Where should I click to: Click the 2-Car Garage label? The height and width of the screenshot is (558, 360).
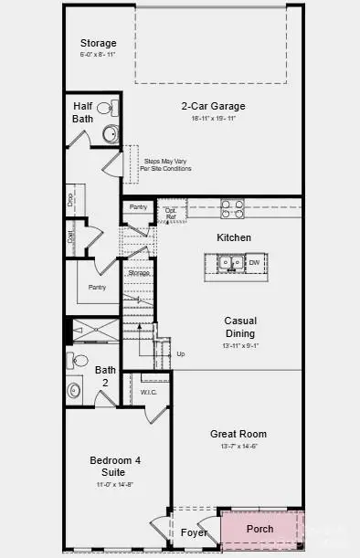coord(212,106)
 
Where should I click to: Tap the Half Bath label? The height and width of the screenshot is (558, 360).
coord(83,113)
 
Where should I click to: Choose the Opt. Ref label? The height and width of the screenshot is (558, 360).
coord(170,213)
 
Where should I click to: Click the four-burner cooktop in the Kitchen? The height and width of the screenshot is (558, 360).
coord(232,209)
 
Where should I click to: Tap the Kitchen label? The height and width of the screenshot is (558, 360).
coord(233,237)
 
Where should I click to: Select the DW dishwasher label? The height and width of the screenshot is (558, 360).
coord(254,263)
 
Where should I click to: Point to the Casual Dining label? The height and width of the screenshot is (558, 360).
coord(240,327)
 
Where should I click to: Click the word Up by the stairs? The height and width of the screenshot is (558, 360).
coord(180,353)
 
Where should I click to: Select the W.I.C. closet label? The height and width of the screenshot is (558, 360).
coord(149,394)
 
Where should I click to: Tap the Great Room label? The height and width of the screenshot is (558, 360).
coord(238,434)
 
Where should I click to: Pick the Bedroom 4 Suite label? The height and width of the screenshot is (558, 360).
coord(114,466)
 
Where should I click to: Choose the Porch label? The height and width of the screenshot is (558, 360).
coord(260,529)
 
